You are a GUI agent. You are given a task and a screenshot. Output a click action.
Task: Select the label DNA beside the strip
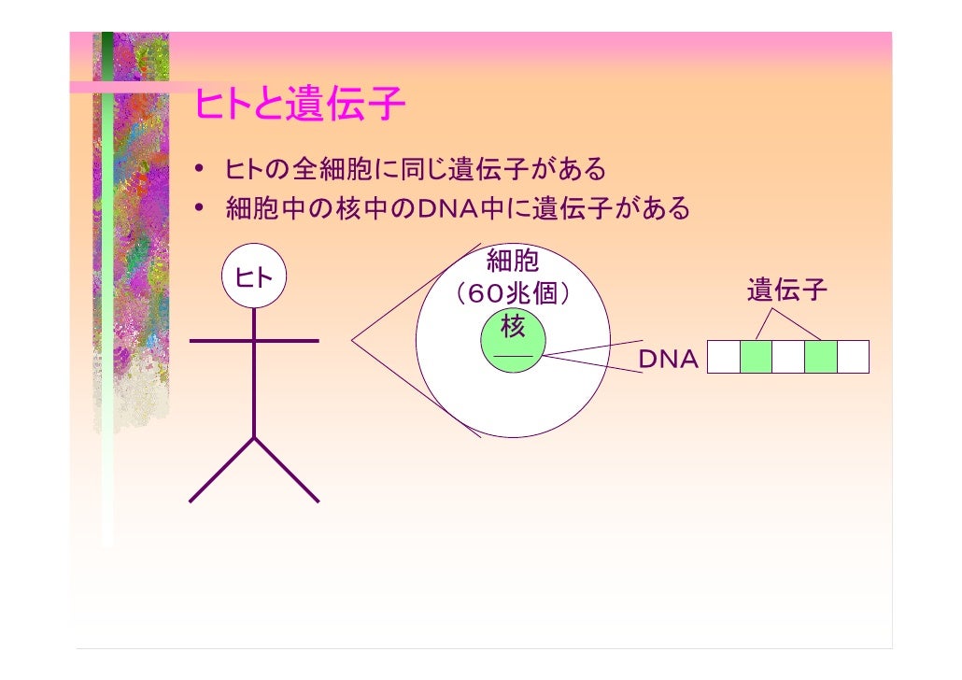(x=668, y=360)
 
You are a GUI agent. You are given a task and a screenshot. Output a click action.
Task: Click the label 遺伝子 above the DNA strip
(x=787, y=291)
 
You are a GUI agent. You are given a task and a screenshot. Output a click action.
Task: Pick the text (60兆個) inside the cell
(x=512, y=294)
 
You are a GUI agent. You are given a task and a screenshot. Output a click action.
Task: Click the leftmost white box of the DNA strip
(x=724, y=357)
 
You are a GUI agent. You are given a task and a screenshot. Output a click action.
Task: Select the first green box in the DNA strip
(x=756, y=357)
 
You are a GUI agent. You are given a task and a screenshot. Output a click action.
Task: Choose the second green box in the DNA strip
(x=820, y=357)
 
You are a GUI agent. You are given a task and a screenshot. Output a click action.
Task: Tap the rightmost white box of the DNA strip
(x=853, y=357)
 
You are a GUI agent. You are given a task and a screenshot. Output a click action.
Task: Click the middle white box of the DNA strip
(x=788, y=357)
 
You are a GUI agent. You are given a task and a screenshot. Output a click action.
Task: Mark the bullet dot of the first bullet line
(x=201, y=171)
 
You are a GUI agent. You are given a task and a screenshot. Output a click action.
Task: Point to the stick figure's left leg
(x=222, y=469)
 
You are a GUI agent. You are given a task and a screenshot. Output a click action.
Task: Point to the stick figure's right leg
(x=286, y=469)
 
